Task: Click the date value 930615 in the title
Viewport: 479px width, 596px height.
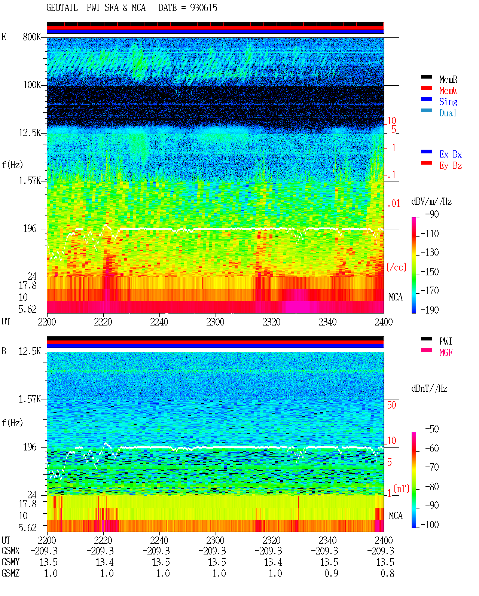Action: (204, 7)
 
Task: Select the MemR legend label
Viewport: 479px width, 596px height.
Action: (448, 79)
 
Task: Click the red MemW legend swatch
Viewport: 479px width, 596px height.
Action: (426, 88)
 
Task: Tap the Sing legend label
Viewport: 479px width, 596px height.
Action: (448, 102)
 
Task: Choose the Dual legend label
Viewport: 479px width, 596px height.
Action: (448, 113)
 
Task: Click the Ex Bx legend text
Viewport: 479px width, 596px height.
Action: (451, 154)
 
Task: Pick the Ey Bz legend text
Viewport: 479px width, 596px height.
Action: (451, 166)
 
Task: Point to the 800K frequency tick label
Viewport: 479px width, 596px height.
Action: (32, 37)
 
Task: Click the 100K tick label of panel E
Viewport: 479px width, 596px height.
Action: (32, 85)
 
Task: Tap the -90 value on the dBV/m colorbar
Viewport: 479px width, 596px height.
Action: (432, 214)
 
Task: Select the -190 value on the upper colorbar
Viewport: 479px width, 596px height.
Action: (430, 310)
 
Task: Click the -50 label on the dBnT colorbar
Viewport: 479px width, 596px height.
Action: (432, 429)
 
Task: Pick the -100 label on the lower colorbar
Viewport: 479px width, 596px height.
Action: (430, 525)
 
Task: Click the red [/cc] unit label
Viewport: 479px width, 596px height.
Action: (396, 267)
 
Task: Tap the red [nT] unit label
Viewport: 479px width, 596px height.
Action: (402, 489)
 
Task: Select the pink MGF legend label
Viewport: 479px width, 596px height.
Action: (446, 352)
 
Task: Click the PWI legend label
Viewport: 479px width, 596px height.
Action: (446, 341)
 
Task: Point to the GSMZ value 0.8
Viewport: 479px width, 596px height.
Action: (387, 573)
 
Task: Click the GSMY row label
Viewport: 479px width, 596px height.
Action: (10, 562)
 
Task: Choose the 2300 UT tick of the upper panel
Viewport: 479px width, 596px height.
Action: (215, 322)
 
